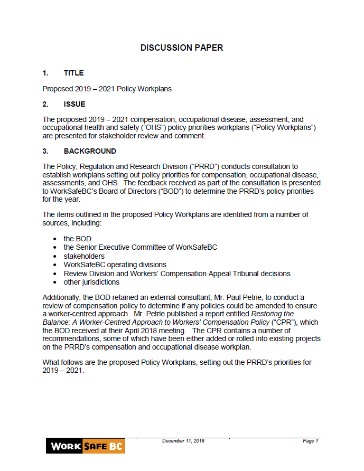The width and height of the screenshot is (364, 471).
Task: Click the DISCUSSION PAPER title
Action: click(182, 48)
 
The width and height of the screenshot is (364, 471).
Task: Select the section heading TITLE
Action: click(73, 73)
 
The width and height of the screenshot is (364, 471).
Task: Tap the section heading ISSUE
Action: click(74, 104)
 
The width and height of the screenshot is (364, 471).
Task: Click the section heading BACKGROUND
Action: click(90, 151)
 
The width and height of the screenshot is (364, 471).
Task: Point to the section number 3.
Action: click(45, 151)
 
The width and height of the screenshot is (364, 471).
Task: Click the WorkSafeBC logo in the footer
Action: click(85, 447)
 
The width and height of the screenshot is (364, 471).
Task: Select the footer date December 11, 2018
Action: click(183, 441)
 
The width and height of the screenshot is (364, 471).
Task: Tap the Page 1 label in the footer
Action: click(310, 441)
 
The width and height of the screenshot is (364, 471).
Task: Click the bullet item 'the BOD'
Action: click(77, 239)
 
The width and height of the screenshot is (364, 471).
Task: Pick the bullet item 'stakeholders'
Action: click(84, 256)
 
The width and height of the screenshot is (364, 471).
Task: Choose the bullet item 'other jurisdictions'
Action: click(91, 282)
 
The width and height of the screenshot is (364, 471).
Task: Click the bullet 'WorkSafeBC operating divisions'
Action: click(115, 265)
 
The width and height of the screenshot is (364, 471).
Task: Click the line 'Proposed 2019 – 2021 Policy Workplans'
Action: click(107, 89)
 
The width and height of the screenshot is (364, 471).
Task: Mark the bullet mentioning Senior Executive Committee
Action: click(140, 247)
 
